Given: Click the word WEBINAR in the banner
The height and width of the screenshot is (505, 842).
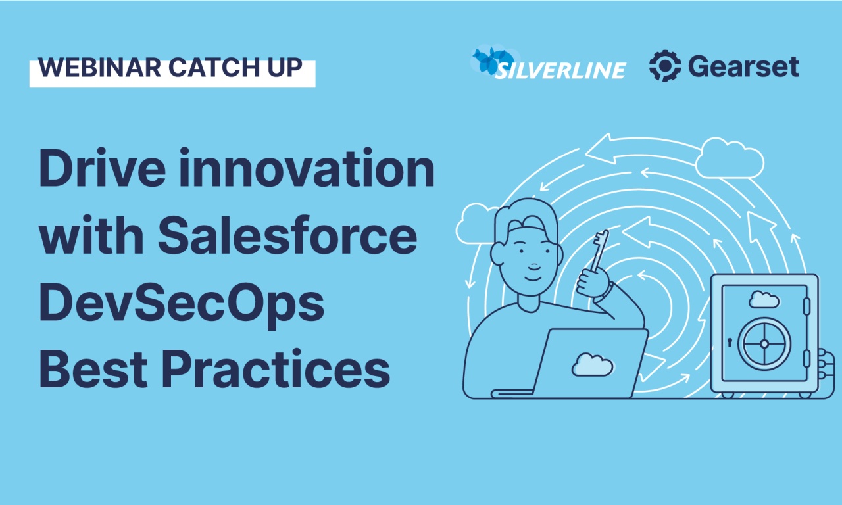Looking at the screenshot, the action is point(99,68).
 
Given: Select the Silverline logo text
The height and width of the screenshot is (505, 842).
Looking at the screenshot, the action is point(560,70).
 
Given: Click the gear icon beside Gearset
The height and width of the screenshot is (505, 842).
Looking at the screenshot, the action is point(665,66).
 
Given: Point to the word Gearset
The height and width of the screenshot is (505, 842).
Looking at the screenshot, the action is point(743,66).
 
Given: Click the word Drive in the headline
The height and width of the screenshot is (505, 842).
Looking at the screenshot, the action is point(102,168).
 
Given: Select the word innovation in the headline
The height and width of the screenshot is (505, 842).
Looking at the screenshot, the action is point(307,168).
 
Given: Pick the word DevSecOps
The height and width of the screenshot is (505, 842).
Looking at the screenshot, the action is point(182,304).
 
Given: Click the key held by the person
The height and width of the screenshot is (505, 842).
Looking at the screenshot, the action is point(599,251).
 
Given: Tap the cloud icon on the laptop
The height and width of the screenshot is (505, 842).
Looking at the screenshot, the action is point(593,364).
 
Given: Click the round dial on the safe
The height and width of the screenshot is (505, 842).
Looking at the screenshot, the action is point(764,343).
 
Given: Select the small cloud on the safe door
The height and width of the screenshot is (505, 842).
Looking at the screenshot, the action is point(764,299).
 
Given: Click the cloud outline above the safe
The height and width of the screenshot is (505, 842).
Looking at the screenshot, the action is point(730,158).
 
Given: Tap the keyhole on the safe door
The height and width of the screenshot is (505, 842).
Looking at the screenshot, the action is point(730,343).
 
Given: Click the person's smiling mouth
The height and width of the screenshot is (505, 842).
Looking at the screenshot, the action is point(533,278).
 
